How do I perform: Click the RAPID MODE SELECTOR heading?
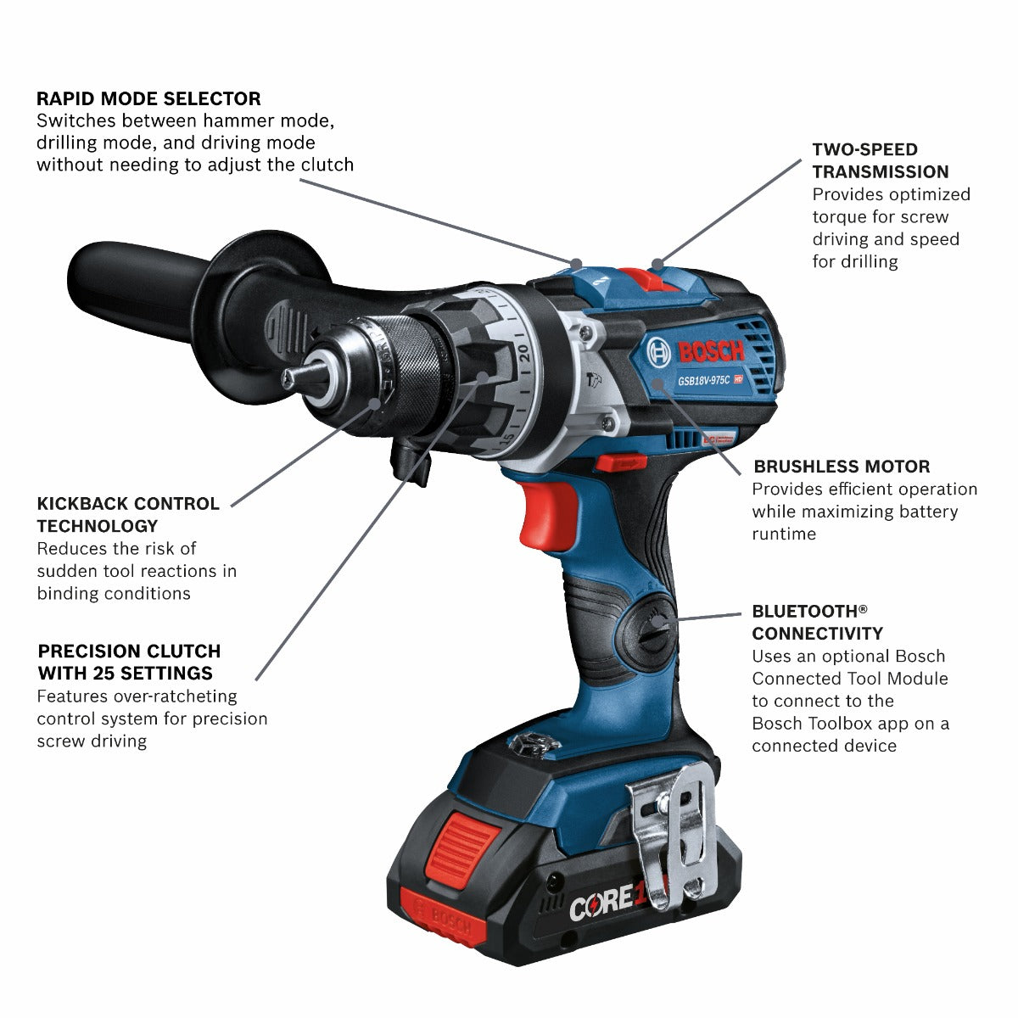tap(148, 98)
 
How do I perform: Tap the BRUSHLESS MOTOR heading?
tap(842, 467)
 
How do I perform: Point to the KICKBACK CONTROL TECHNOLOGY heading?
tap(128, 514)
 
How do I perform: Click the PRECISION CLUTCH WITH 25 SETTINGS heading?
tap(129, 663)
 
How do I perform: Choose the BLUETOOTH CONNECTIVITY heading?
tap(817, 622)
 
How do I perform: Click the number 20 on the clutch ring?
tap(524, 354)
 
